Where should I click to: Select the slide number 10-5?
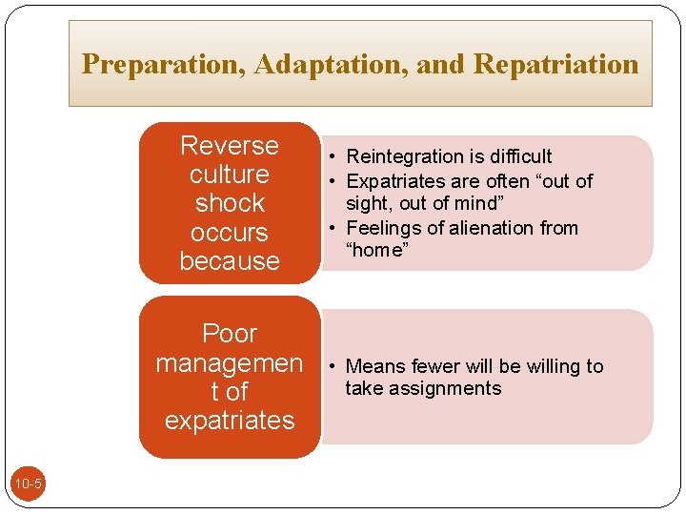point(28,484)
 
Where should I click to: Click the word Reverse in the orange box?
point(230,146)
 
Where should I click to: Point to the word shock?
point(230,203)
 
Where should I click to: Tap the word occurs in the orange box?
point(230,233)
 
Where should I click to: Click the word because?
point(230,261)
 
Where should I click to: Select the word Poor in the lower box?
point(230,334)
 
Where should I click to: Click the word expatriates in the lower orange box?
point(230,421)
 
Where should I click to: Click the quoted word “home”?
point(376,250)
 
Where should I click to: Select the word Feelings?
point(383,228)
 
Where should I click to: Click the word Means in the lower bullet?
point(374,366)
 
